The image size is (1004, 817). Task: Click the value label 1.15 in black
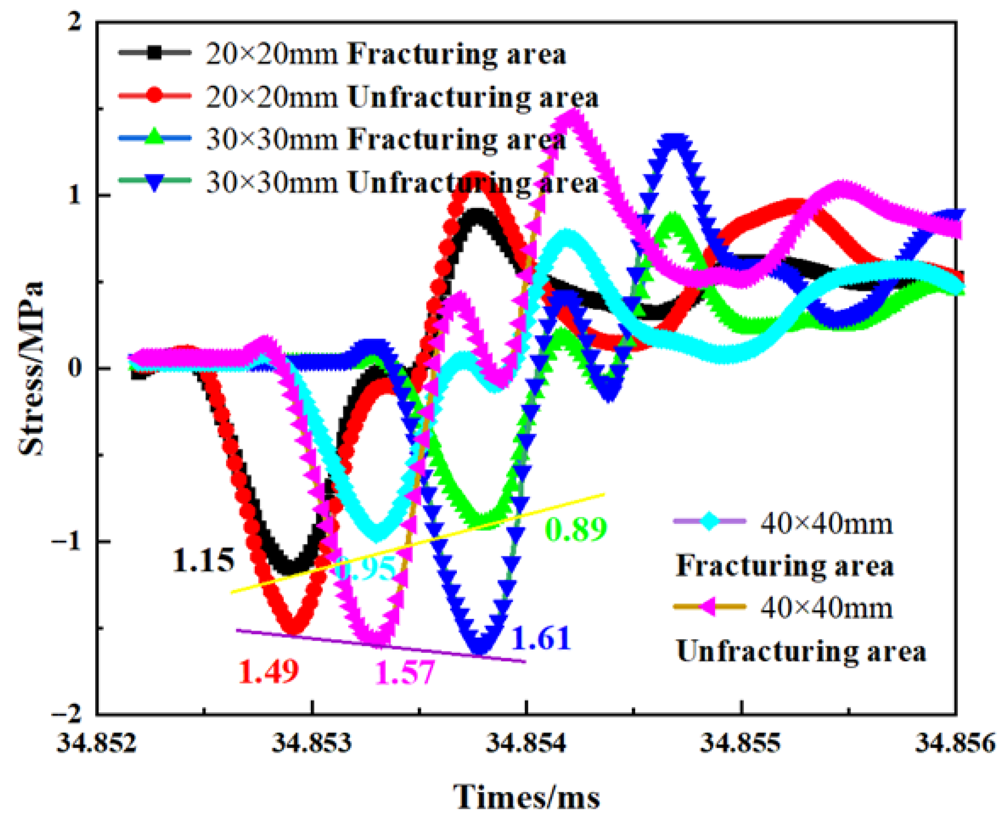coord(203,560)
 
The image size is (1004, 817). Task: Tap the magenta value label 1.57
coord(405,672)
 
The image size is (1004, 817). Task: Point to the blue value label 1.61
coord(542,638)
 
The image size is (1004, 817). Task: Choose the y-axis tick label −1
coord(69,541)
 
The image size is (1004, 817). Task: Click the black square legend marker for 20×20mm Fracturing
coord(154,53)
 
